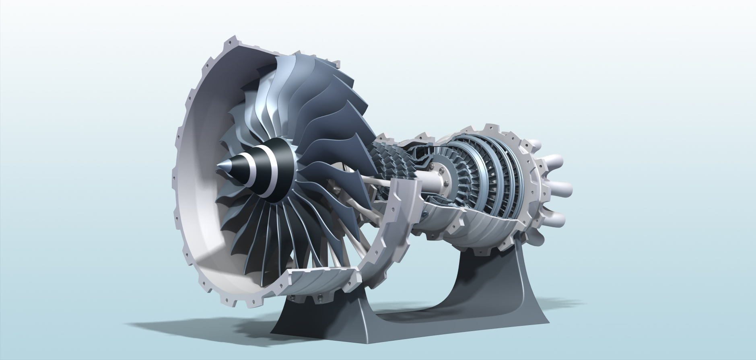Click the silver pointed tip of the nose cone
coord(221,166)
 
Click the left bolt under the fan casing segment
coord(292,298)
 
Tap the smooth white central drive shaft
coord(431,181)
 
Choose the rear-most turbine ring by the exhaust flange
coord(515,177)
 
